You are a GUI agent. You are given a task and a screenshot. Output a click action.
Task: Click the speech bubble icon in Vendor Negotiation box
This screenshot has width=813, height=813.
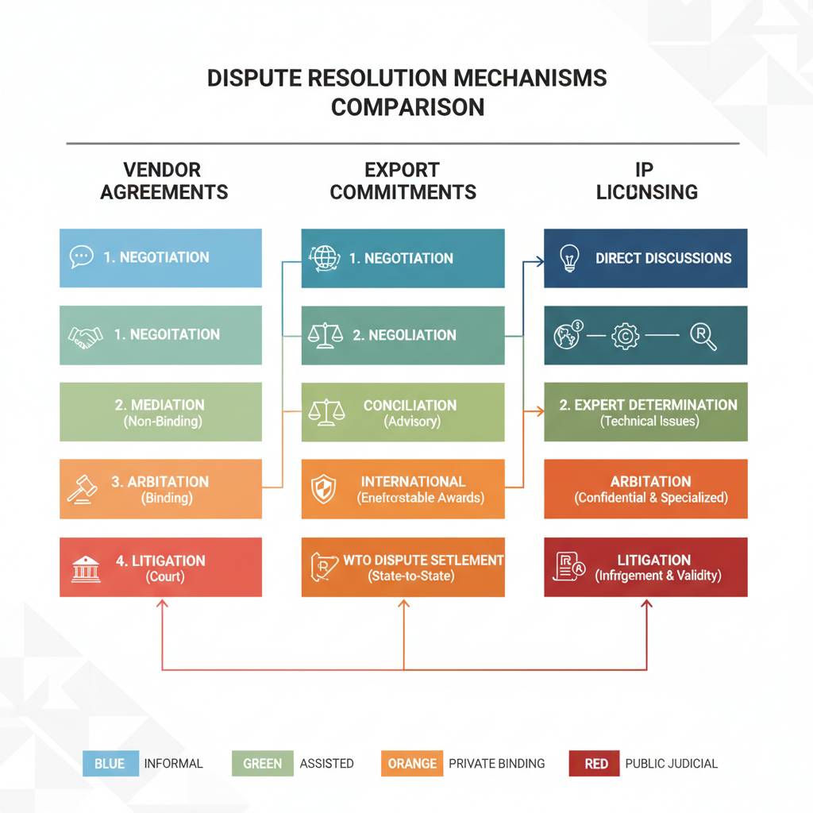point(81,256)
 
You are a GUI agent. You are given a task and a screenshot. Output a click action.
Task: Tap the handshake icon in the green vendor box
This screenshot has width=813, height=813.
point(86,336)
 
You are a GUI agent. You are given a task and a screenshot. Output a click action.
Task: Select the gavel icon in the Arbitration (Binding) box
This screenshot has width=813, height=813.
point(82,489)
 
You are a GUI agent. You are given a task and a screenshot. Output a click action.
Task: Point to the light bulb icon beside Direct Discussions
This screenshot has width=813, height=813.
point(569,259)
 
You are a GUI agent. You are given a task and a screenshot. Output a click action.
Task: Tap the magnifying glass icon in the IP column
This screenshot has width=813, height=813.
point(703,337)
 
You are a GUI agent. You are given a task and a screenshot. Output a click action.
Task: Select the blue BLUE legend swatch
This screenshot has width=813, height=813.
point(110,764)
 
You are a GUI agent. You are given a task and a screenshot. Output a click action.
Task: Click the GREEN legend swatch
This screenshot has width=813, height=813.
point(262,764)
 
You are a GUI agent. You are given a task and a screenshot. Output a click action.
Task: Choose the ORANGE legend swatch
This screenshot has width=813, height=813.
point(412,764)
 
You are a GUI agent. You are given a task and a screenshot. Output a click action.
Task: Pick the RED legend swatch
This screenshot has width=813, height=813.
point(596,764)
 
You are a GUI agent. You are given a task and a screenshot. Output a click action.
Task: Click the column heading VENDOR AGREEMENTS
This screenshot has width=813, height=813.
point(164,181)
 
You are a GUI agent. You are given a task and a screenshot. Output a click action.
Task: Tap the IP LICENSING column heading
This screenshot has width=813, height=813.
point(646,181)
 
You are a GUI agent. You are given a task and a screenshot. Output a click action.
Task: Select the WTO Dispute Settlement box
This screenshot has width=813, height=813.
point(403,568)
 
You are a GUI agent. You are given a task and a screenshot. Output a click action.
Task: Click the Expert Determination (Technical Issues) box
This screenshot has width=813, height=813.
point(645,412)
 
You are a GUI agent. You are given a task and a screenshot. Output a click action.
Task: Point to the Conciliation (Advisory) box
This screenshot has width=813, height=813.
point(403,412)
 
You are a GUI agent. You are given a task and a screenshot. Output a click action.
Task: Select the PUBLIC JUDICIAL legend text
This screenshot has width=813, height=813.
point(671,764)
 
